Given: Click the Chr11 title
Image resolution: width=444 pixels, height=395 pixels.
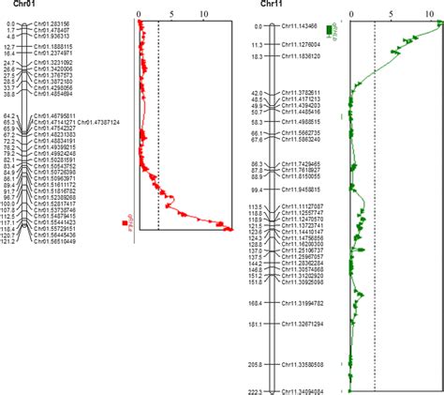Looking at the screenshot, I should (x=272, y=5).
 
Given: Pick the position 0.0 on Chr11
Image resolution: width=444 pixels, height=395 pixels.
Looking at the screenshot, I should (x=258, y=24).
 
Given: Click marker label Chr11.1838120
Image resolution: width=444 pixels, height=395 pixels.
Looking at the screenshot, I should (x=302, y=56).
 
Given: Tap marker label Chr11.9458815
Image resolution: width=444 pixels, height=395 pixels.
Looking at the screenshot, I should (x=302, y=189).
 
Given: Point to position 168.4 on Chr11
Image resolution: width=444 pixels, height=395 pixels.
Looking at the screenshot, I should (x=255, y=303).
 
